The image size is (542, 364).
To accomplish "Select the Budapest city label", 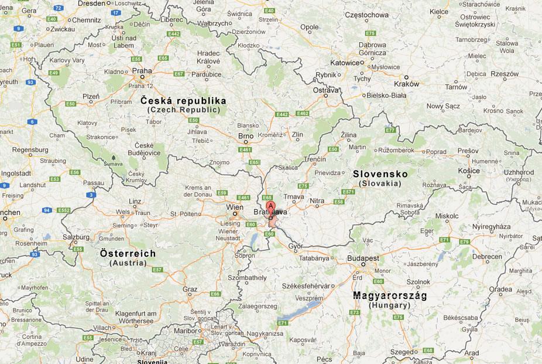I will [x=363, y=258].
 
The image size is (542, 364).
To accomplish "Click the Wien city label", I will [x=234, y=207].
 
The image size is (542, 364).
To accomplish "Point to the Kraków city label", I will [x=407, y=84].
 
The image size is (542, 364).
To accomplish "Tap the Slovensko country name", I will [x=380, y=174].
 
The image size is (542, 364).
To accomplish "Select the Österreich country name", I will [x=128, y=253].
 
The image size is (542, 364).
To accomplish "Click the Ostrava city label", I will [x=326, y=90].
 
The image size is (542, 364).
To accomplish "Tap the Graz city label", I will [x=190, y=289].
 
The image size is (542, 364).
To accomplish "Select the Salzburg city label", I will [x=76, y=237].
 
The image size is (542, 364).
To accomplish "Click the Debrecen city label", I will [x=487, y=257].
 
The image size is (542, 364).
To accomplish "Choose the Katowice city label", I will [x=344, y=63].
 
